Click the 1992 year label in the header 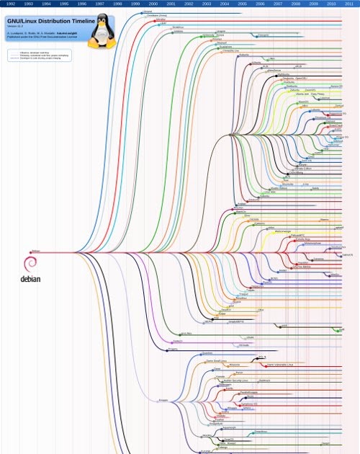[x=11, y=4]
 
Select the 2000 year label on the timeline [x=153, y=4]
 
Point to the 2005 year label [x=242, y=4]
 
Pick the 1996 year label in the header [x=81, y=4]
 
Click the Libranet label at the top [x=148, y=12]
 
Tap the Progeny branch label [x=172, y=349]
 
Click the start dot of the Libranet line [x=141, y=12]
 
